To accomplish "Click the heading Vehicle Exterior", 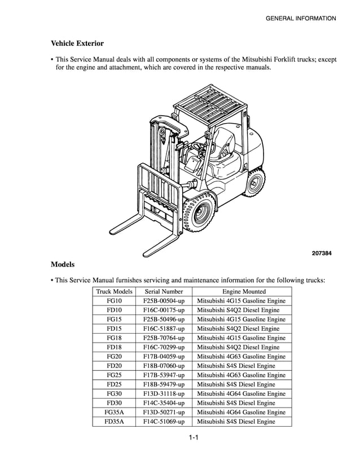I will coord(77,43).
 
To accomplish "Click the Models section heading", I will coord(63,264).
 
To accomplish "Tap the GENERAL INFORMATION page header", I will coord(300,19).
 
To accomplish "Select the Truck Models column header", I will coord(114,291).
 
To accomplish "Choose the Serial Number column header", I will coord(164,291).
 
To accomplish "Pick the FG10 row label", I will coord(114,301).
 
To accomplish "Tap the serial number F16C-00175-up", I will coord(164,310).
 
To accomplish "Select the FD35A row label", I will coord(114,421).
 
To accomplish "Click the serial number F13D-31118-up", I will coord(164,393).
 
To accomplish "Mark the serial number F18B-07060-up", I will coord(164,366).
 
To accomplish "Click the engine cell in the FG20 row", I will coord(241,356).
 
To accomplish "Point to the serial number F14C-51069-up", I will coord(164,421).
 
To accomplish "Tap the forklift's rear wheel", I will coord(256,184).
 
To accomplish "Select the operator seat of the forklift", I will coord(224,141).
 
